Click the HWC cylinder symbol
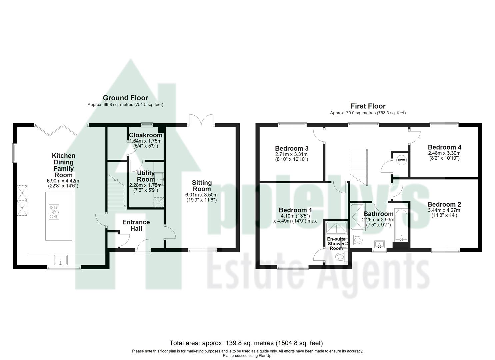click(401, 160)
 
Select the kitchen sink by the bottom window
click(61, 260)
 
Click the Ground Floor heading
click(125, 98)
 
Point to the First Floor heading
click(368, 106)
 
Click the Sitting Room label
click(202, 186)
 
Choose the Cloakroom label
click(146, 135)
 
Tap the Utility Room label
click(146, 176)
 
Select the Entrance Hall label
click(136, 225)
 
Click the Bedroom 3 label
click(291, 148)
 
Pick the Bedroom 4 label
click(444, 147)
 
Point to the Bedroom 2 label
click(444, 204)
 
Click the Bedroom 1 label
click(295, 210)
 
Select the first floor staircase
click(358, 167)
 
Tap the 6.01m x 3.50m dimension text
click(202, 195)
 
